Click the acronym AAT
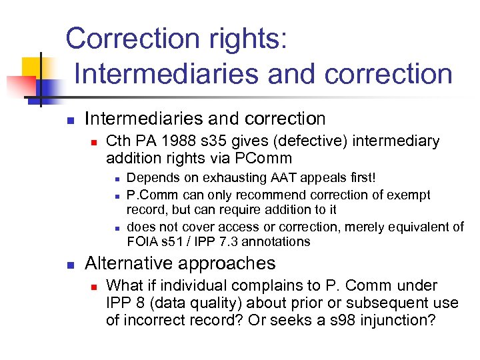[x=286, y=178]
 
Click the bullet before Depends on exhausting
[x=116, y=179]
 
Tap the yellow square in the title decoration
[x=32, y=67]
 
